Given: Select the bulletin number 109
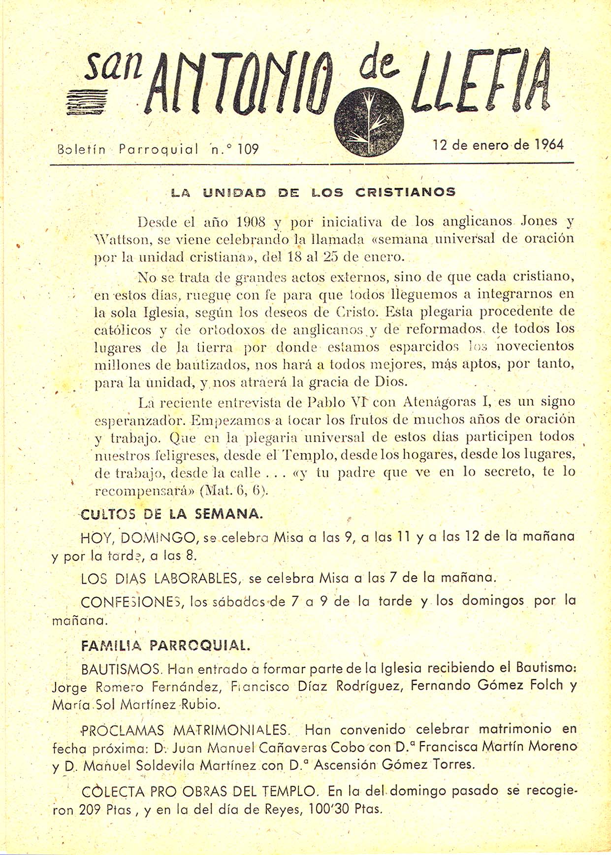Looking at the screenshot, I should [248, 148].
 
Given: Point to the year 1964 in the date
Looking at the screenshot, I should [549, 145].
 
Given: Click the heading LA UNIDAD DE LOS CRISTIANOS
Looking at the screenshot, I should [313, 192].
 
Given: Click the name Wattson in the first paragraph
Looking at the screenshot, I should [118, 240].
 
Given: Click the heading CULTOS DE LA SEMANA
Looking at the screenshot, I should [171, 514].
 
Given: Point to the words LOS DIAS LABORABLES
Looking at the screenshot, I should [161, 578].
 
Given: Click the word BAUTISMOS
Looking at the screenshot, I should [121, 669].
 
